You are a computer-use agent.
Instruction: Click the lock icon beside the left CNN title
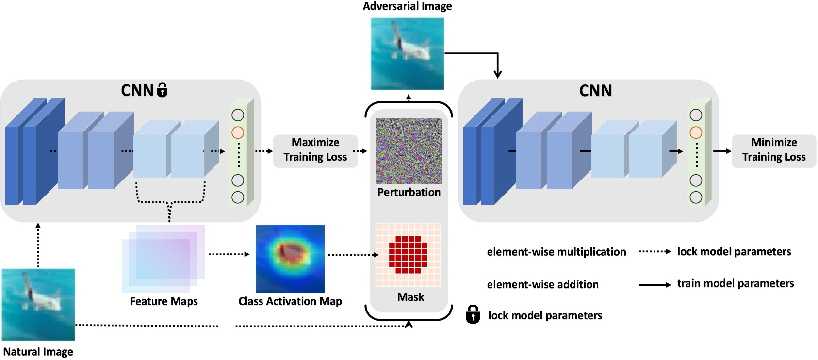coord(163,90)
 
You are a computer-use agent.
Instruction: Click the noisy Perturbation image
coord(409,151)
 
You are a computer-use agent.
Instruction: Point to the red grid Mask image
coord(408,255)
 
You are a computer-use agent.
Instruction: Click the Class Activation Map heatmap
coord(290,258)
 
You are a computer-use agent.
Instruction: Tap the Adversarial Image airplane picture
coord(407,54)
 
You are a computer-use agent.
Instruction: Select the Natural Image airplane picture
coord(38,305)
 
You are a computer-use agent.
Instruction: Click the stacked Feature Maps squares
coord(163,259)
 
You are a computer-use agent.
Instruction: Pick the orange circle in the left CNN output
coord(238,132)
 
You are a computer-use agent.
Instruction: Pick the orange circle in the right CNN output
coord(696,132)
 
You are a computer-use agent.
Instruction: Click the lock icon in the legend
coord(473,315)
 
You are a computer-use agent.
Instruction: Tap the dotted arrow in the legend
coord(654,251)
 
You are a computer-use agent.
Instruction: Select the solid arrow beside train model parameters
coord(654,285)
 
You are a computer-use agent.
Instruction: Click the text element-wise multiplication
coord(556,252)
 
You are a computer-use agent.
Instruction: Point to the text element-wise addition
coord(542,284)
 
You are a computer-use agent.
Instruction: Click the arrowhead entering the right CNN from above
coord(497,74)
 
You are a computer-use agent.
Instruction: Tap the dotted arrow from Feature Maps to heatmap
coord(229,254)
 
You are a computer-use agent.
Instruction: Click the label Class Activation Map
coord(290,301)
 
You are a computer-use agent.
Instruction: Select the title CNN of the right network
coord(595,91)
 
